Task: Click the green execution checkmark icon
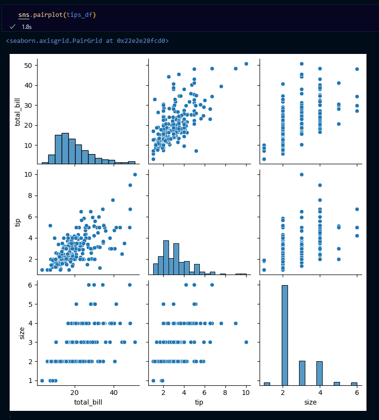tap(13, 26)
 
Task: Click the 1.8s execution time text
tap(27, 27)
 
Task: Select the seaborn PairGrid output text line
tap(87, 41)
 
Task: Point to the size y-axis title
tap(21, 332)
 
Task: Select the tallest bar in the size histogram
tap(285, 335)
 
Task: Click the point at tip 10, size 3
tap(246, 342)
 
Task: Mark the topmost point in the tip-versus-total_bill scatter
tap(135, 174)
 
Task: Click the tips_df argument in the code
tap(81, 15)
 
